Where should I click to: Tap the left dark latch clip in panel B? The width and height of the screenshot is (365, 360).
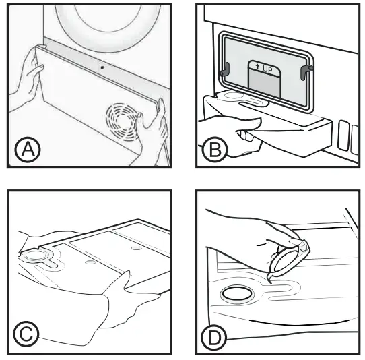tap(226, 67)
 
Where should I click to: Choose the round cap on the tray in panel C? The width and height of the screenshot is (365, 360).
tap(33, 257)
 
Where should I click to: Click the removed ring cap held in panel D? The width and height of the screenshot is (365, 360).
tap(289, 259)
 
